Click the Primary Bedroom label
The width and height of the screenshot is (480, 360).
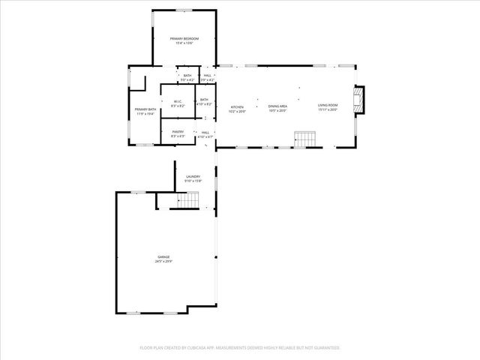(x=184, y=38)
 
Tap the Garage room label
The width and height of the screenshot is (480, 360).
(x=163, y=257)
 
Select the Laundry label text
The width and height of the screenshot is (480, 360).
(x=193, y=176)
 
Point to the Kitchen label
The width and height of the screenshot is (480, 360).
(x=237, y=107)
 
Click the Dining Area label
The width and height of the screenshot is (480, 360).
(x=278, y=106)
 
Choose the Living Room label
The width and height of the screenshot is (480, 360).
(x=328, y=105)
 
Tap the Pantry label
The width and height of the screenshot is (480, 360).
(x=178, y=132)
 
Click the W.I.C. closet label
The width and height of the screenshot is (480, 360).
(x=177, y=102)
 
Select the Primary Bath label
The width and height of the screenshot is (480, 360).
(x=145, y=110)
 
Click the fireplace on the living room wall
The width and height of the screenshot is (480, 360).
(x=361, y=100)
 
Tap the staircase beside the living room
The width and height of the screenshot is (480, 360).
(x=304, y=139)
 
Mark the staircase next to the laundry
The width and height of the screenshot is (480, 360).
(x=190, y=200)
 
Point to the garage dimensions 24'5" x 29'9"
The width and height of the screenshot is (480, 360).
(x=163, y=262)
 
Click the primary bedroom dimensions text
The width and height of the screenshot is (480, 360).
(x=184, y=43)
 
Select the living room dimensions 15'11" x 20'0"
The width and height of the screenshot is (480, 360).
(x=328, y=109)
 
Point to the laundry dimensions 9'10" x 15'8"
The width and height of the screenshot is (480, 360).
(x=193, y=181)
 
